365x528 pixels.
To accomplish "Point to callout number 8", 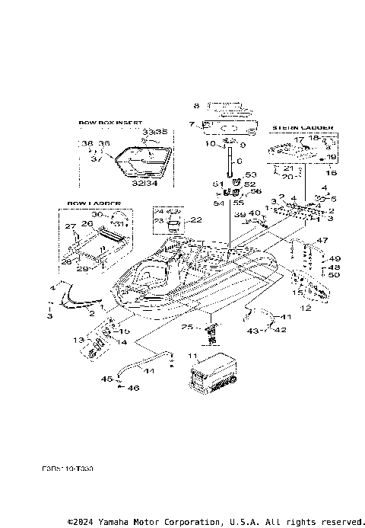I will (x=195, y=105).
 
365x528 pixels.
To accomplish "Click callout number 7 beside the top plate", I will (x=192, y=123).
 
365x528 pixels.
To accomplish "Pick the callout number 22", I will (x=196, y=220).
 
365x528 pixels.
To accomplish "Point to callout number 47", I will (x=323, y=240).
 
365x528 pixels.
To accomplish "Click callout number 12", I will (x=306, y=309).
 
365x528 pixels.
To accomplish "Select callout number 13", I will (x=77, y=339).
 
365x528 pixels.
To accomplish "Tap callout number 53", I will (x=252, y=175).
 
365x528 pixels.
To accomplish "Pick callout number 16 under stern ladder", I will (x=331, y=174).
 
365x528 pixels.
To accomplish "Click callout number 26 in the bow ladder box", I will (x=87, y=224).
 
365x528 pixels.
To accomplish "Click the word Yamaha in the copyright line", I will (x=115, y=523).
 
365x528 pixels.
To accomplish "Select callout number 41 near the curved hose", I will (x=286, y=316).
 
